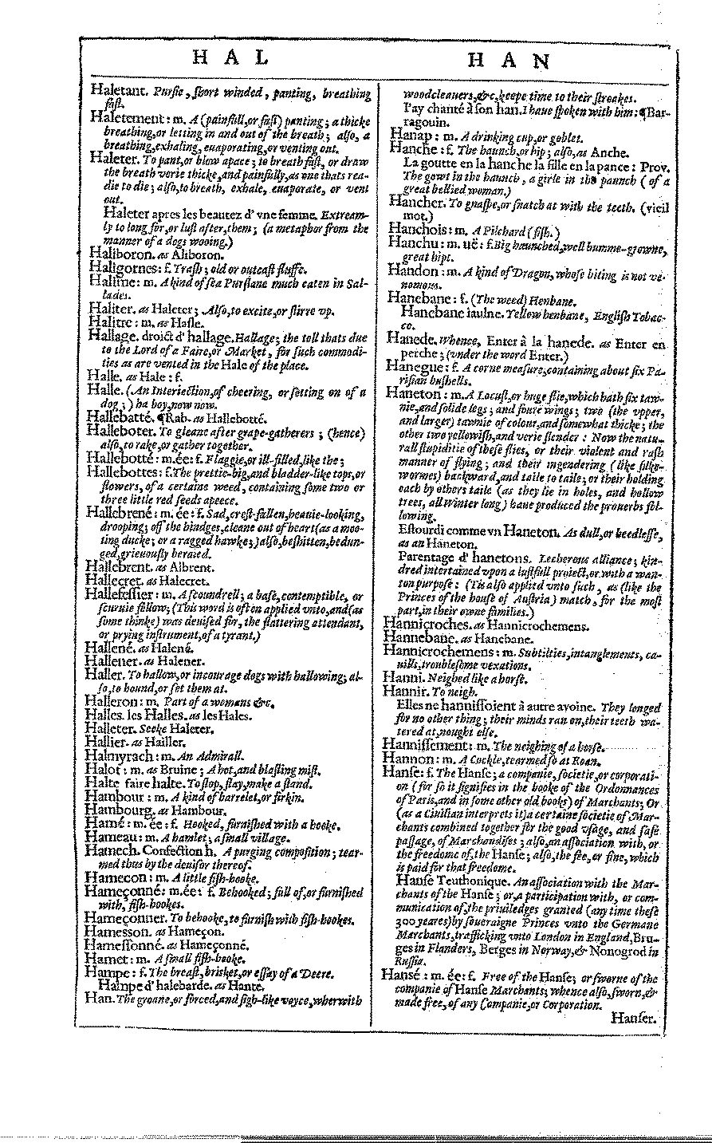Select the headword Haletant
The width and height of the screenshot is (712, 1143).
pos(117,93)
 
